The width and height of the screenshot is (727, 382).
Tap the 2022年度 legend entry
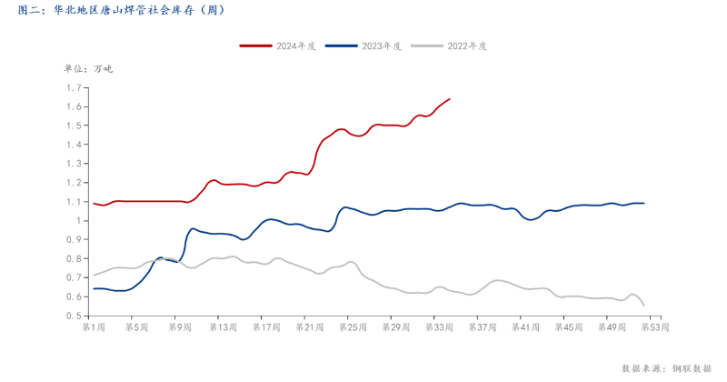point(449,45)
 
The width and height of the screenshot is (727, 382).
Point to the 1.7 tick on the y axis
point(75,88)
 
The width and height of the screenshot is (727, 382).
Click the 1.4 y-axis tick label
point(75,145)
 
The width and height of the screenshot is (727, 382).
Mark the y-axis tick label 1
point(80,221)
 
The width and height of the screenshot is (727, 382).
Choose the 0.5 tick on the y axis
point(75,316)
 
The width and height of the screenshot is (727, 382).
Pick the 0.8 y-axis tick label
point(75,258)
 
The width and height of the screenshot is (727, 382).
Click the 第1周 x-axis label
point(94,326)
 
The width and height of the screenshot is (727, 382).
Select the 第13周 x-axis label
point(220,326)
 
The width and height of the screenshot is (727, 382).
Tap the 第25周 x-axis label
point(346,326)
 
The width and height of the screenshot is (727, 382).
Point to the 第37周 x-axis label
point(473,326)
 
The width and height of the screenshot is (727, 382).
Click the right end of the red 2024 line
point(450,98)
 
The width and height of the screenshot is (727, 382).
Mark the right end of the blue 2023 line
point(644,203)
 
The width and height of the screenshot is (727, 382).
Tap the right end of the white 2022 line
point(644,306)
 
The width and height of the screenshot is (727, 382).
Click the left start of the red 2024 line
point(94,203)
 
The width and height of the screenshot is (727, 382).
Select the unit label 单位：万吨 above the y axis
point(88,68)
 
